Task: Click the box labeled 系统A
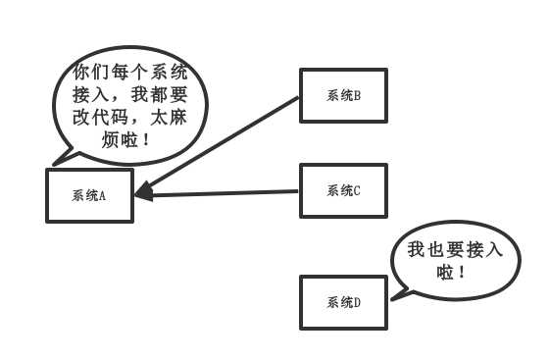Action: pyautogui.click(x=89, y=195)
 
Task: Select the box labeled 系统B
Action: pyautogui.click(x=343, y=95)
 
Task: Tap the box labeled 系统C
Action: pyautogui.click(x=343, y=190)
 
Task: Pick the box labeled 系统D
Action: pyautogui.click(x=343, y=302)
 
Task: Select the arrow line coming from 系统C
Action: pyautogui.click(x=225, y=192)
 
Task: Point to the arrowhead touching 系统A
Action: pyautogui.click(x=143, y=192)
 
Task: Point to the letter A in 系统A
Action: pyautogui.click(x=101, y=195)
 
